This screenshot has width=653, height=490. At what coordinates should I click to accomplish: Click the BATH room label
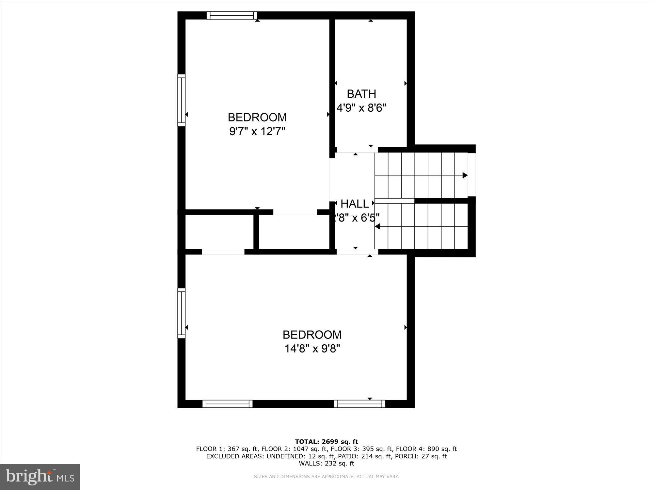[361, 94]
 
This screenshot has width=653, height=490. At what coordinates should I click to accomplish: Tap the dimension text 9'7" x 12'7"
[257, 131]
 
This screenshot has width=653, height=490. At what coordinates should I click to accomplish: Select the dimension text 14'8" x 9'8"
[312, 349]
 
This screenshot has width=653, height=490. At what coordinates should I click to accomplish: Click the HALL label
[355, 204]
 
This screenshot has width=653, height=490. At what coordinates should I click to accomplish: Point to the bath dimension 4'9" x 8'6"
[361, 108]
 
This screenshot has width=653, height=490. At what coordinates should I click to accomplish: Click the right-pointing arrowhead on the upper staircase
[465, 175]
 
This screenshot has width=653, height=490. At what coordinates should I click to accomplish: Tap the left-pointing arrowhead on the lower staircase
[378, 226]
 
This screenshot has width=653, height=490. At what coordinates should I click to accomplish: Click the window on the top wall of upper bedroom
[232, 15]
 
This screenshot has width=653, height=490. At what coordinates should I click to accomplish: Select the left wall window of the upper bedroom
[181, 100]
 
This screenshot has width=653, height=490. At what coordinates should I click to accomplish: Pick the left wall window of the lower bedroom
[181, 313]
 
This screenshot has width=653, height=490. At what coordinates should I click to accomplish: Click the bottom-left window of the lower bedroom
[228, 404]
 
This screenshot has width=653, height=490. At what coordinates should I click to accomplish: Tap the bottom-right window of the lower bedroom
[359, 404]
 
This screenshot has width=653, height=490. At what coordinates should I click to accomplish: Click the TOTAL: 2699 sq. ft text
[326, 442]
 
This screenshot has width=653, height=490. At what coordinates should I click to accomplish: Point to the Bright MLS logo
[40, 477]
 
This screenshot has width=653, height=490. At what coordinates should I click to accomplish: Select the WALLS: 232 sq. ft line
[326, 464]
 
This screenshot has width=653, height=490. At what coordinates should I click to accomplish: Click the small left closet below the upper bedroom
[219, 232]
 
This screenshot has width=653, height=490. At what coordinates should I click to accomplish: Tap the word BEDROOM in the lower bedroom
[312, 335]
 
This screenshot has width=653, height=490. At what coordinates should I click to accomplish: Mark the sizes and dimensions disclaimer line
[326, 477]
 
